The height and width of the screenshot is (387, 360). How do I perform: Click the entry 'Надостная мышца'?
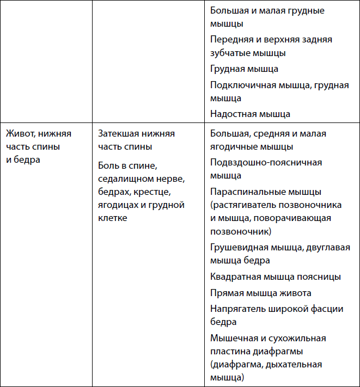(250, 114)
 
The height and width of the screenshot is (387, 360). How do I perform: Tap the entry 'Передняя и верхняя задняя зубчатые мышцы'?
(271, 46)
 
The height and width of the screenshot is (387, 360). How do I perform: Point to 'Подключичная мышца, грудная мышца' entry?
(279, 91)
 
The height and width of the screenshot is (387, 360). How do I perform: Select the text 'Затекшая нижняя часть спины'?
(136, 140)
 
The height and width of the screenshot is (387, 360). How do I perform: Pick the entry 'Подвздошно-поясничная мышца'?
(266, 169)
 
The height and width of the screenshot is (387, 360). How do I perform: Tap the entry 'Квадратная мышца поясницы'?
(276, 277)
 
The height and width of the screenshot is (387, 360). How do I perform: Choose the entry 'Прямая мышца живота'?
(260, 293)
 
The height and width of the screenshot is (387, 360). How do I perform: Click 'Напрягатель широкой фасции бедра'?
(277, 315)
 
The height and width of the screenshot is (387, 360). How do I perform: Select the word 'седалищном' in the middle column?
(123, 179)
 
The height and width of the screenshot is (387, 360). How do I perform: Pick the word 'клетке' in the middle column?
(113, 218)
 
